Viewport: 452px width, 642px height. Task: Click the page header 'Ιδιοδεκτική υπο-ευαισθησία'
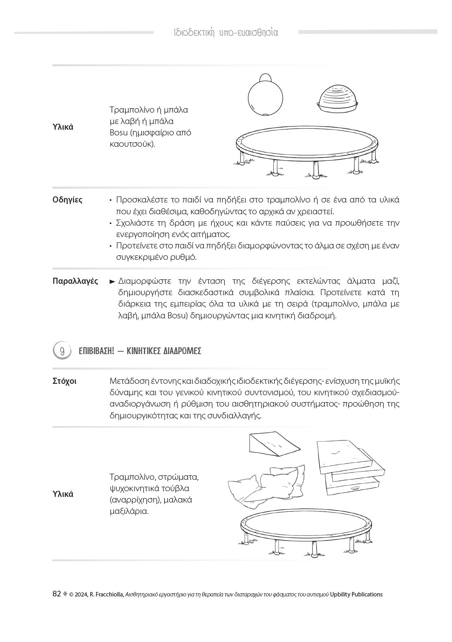[226, 33]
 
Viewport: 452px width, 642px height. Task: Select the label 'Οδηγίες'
[67, 200]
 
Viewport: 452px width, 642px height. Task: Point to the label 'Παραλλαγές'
[75, 281]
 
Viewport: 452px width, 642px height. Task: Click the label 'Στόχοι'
[64, 381]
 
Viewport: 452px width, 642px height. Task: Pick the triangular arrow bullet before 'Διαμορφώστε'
[113, 281]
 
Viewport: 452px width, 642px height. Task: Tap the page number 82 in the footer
[57, 594]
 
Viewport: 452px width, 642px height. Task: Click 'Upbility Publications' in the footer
[356, 594]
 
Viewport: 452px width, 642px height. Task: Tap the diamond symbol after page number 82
[65, 594]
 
